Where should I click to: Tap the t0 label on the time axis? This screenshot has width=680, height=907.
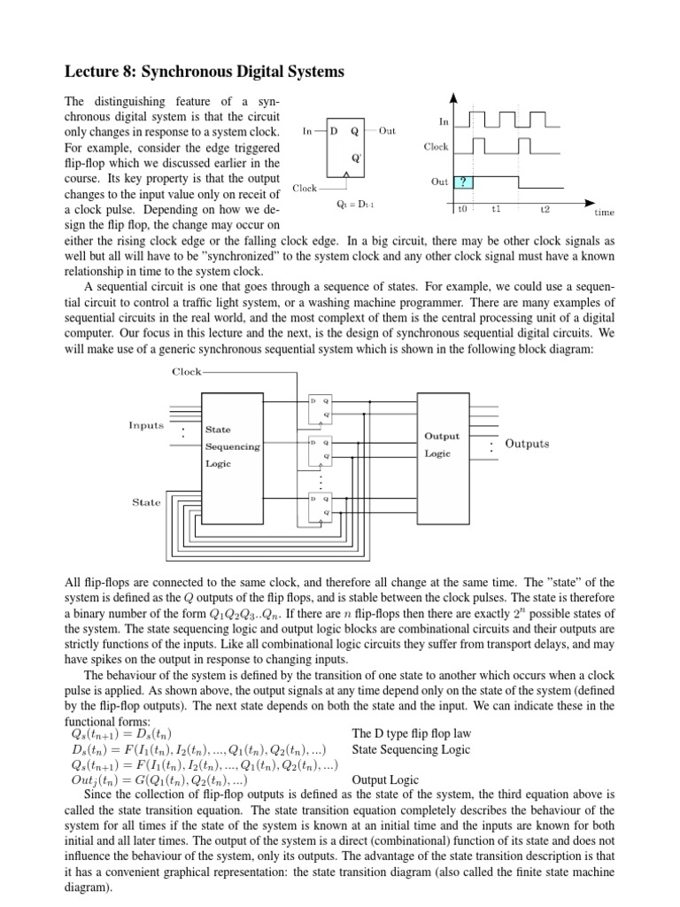[x=461, y=210]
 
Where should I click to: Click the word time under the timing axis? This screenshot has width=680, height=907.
[x=604, y=213]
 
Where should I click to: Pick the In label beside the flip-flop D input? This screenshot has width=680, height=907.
[x=307, y=131]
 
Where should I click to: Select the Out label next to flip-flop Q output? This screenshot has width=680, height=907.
[x=387, y=131]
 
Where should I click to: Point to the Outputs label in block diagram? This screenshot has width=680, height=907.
[x=527, y=444]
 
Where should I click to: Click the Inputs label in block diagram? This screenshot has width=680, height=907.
[x=146, y=425]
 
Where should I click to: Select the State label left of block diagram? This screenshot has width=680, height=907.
[x=146, y=502]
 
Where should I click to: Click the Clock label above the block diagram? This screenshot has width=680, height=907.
[x=187, y=372]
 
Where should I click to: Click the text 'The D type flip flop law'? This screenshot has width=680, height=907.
[x=412, y=734]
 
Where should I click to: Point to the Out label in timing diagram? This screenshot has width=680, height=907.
[x=439, y=182]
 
